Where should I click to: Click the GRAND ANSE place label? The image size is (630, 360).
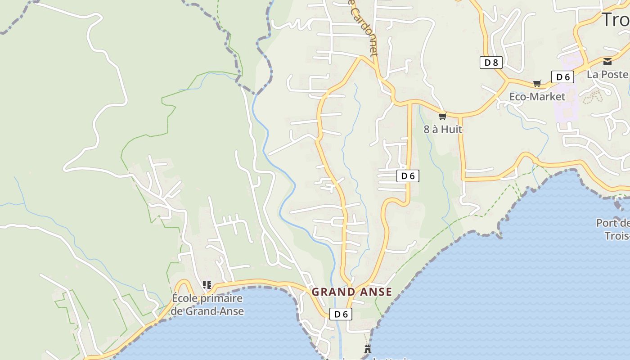tap(352, 292)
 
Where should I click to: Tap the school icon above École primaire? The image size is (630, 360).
tap(207, 284)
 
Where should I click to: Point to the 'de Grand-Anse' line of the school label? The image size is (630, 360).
tap(207, 311)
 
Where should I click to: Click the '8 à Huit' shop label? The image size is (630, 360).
tap(443, 129)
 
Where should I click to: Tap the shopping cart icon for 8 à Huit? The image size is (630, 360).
tap(442, 117)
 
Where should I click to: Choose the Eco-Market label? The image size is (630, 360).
tap(537, 97)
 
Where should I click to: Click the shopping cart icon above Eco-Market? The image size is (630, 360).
tap(537, 83)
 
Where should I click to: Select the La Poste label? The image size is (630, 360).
tap(607, 74)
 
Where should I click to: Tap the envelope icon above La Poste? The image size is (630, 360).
tap(607, 61)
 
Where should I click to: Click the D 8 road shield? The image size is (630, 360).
tap(491, 63)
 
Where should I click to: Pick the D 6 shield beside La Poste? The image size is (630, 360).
tap(562, 77)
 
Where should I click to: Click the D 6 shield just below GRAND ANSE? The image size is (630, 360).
tap(341, 314)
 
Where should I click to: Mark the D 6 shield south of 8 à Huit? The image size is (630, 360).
tap(408, 176)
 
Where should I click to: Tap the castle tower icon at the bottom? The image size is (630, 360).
tap(368, 349)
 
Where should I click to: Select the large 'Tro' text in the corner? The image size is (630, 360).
tap(615, 20)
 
